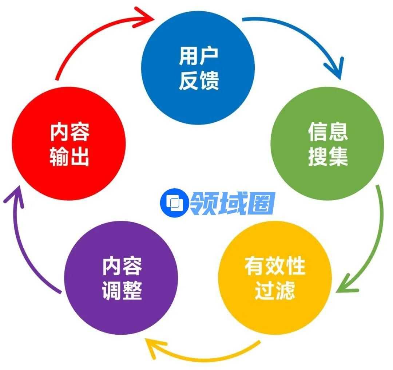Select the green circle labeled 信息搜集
click(x=327, y=143)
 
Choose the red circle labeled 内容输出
click(x=69, y=143)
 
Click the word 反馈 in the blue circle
click(x=199, y=80)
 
